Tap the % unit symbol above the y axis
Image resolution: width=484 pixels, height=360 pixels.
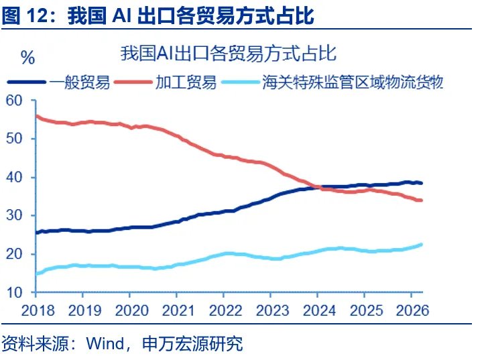[27, 58]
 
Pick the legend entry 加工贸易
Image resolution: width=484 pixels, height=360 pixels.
[186, 82]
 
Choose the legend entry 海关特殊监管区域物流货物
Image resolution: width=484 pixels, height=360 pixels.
[353, 82]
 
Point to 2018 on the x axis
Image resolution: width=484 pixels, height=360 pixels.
[37, 310]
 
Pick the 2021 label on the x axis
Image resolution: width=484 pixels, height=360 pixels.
[179, 310]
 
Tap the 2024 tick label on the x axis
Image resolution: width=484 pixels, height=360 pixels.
[319, 310]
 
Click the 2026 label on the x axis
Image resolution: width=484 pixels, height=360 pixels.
[413, 310]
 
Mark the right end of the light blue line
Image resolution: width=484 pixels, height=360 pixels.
[421, 245]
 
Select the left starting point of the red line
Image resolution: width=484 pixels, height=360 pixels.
[36, 116]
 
